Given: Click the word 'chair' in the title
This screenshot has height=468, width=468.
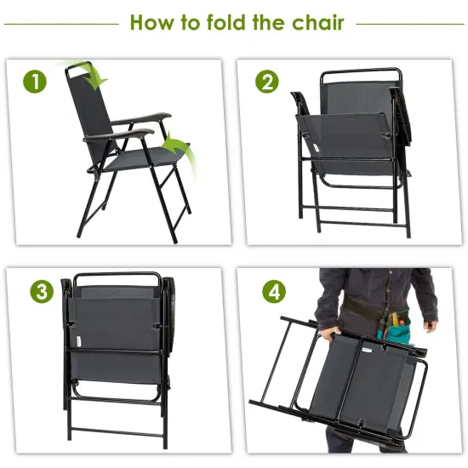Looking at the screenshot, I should pyautogui.click(x=313, y=23).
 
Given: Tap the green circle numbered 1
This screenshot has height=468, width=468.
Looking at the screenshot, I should pyautogui.click(x=34, y=82).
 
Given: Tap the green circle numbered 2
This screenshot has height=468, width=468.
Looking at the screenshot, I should pyautogui.click(x=266, y=82).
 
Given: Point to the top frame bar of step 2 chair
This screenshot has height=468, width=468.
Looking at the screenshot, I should pyautogui.click(x=357, y=72).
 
